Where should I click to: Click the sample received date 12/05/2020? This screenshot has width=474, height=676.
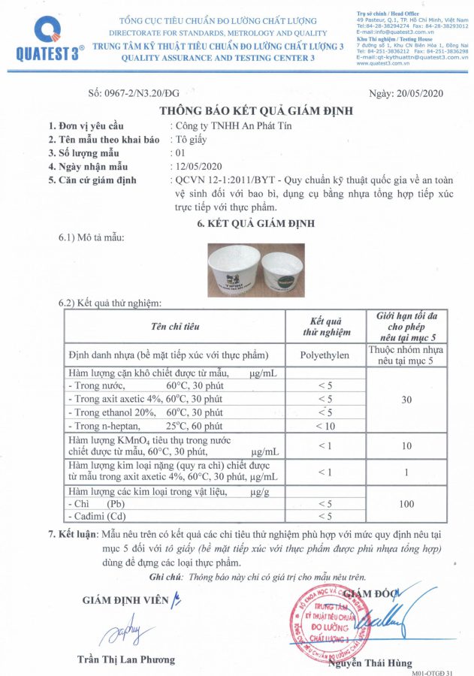[196, 166]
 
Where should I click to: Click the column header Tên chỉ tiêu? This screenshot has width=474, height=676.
[174, 327]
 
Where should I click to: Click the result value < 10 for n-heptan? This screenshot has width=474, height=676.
[325, 426]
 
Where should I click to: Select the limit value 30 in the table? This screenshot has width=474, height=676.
[406, 399]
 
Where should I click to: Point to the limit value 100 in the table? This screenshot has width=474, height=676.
[406, 503]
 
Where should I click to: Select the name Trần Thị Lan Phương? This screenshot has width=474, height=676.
[126, 659]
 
